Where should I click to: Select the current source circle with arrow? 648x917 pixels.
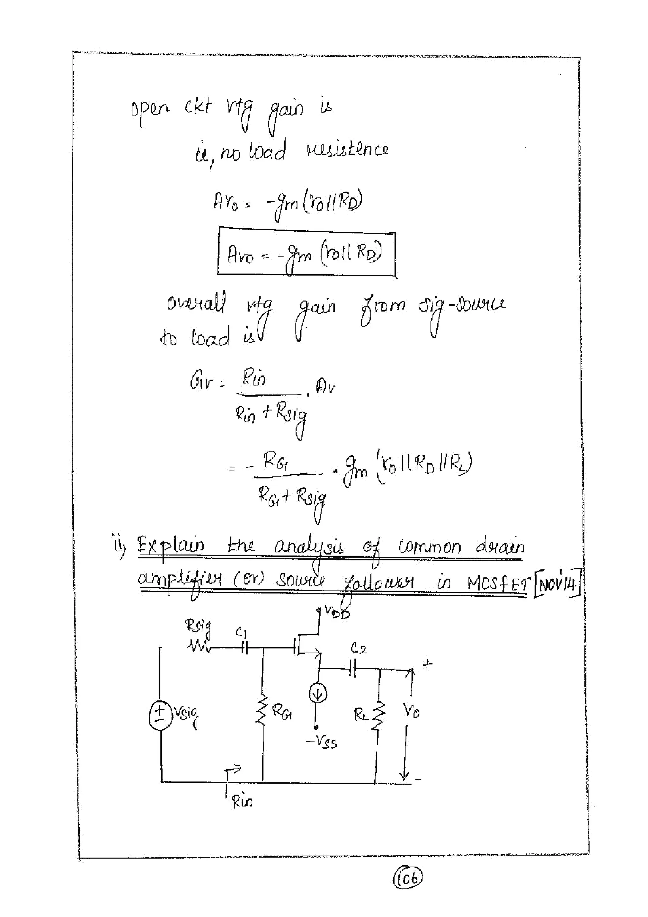click(318, 695)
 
